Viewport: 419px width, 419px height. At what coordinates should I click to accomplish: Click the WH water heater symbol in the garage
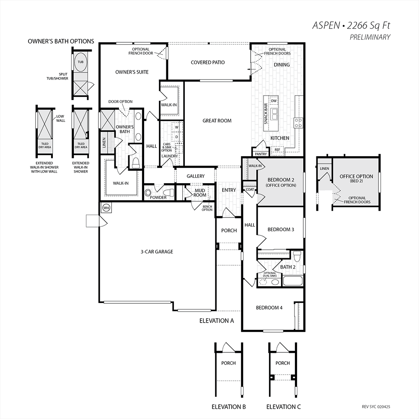[106, 208]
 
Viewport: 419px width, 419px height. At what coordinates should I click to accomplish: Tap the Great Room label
[217, 121]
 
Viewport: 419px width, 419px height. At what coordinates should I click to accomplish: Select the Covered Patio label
[208, 62]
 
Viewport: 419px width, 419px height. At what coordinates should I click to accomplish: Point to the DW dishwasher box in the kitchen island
[274, 101]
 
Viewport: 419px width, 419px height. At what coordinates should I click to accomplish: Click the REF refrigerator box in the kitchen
[277, 150]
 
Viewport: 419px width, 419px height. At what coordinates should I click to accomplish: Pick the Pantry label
[261, 154]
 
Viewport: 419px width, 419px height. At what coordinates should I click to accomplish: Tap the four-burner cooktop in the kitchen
[298, 123]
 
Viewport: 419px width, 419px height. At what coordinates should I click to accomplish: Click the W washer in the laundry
[177, 127]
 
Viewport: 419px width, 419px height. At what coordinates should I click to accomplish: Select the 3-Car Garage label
[157, 252]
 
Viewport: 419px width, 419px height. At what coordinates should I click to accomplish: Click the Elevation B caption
[229, 407]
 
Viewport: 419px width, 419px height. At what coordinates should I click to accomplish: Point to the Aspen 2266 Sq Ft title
[351, 26]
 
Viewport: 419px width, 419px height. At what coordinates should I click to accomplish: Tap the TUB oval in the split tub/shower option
[80, 62]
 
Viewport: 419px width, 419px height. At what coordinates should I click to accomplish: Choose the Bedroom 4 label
[269, 308]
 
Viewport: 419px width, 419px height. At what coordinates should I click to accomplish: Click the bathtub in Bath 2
[292, 281]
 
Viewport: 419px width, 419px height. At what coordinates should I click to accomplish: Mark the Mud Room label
[200, 193]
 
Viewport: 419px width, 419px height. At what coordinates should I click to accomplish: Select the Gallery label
[196, 176]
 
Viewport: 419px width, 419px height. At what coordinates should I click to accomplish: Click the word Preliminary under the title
[370, 37]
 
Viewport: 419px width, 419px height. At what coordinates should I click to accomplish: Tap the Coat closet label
[250, 189]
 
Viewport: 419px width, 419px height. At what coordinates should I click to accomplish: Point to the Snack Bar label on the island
[266, 114]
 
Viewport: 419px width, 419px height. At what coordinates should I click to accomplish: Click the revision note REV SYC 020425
[376, 407]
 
